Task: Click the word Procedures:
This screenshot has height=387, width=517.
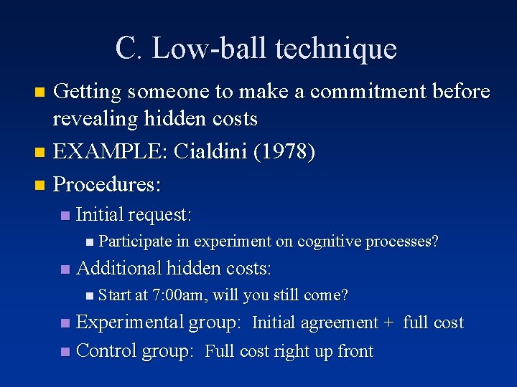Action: pyautogui.click(x=108, y=184)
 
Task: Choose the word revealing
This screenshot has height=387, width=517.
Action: pyautogui.click(x=98, y=118)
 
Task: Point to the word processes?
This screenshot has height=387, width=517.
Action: pyautogui.click(x=403, y=242)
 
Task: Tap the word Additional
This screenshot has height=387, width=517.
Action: pyautogui.click(x=118, y=269)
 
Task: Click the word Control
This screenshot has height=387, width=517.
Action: pyautogui.click(x=106, y=351)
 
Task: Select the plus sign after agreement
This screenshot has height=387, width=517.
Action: pyautogui.click(x=388, y=324)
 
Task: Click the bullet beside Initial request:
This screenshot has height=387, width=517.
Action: pyautogui.click(x=65, y=215)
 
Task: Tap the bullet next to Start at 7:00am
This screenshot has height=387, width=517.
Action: pyautogui.click(x=88, y=295)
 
